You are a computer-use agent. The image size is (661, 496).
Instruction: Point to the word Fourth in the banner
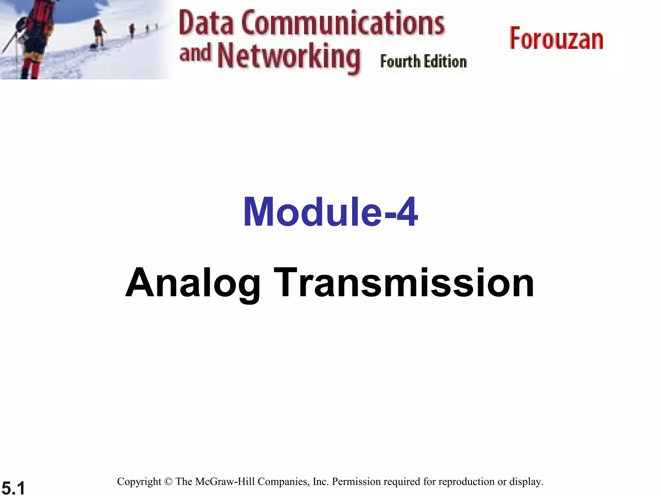tap(400, 61)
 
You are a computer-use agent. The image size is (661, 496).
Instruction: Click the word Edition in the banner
tap(445, 61)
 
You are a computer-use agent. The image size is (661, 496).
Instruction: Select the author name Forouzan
tap(556, 39)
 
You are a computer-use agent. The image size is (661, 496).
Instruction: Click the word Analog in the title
tap(193, 283)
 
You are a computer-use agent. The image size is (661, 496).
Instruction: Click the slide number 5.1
tap(13, 487)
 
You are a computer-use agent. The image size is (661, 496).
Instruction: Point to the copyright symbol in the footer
tap(168, 481)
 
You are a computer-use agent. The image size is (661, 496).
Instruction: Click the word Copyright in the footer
tap(139, 481)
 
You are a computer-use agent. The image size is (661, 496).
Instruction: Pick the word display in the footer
tap(526, 481)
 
